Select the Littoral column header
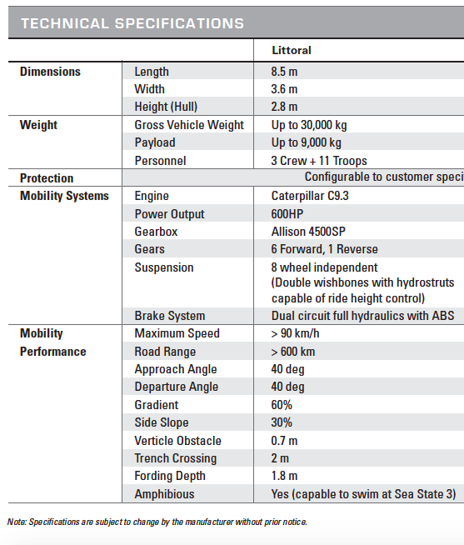point(291,51)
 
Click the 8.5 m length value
point(285,72)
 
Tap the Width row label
point(150,89)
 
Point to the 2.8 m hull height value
point(285,107)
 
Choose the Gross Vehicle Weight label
point(189,125)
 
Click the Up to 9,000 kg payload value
point(306,142)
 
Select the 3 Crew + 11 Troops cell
point(319,161)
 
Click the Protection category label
point(47,178)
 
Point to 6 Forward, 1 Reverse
point(324,249)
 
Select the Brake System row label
point(169,316)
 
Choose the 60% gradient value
point(282,405)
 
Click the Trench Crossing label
point(175,458)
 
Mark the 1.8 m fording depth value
point(285,476)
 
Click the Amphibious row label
point(164,494)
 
